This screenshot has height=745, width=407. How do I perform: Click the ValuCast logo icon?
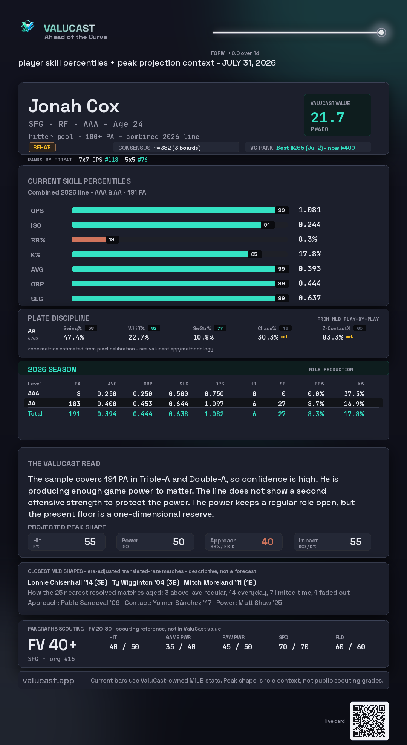(x=28, y=26)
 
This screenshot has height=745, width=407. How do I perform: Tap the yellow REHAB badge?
(x=42, y=148)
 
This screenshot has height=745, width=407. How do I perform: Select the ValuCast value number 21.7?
(x=327, y=117)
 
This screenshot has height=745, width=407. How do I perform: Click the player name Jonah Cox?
(x=74, y=106)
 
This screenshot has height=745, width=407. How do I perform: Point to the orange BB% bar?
(x=89, y=239)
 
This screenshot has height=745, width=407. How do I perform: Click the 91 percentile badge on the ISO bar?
(x=267, y=225)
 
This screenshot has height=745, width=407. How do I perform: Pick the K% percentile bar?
(x=160, y=254)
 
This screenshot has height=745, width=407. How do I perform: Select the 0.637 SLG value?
(x=309, y=298)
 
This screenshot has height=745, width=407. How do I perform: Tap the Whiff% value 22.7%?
(x=138, y=337)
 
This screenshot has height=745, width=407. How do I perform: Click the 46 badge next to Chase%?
(x=285, y=328)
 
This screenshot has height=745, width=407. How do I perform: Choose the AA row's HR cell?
(x=254, y=404)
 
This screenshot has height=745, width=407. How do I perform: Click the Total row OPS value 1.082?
(x=214, y=414)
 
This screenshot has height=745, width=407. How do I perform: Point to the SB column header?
(x=283, y=384)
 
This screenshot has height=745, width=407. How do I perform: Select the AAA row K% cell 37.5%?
(x=354, y=393)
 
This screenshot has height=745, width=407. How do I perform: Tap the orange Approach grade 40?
(x=268, y=542)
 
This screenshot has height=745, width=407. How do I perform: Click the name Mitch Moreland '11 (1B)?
(x=220, y=582)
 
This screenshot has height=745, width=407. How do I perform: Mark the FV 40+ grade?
(x=52, y=645)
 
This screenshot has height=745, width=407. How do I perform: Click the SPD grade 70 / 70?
(x=294, y=647)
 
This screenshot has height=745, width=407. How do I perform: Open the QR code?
(x=369, y=721)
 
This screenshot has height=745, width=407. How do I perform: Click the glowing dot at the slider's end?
(x=381, y=32)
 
